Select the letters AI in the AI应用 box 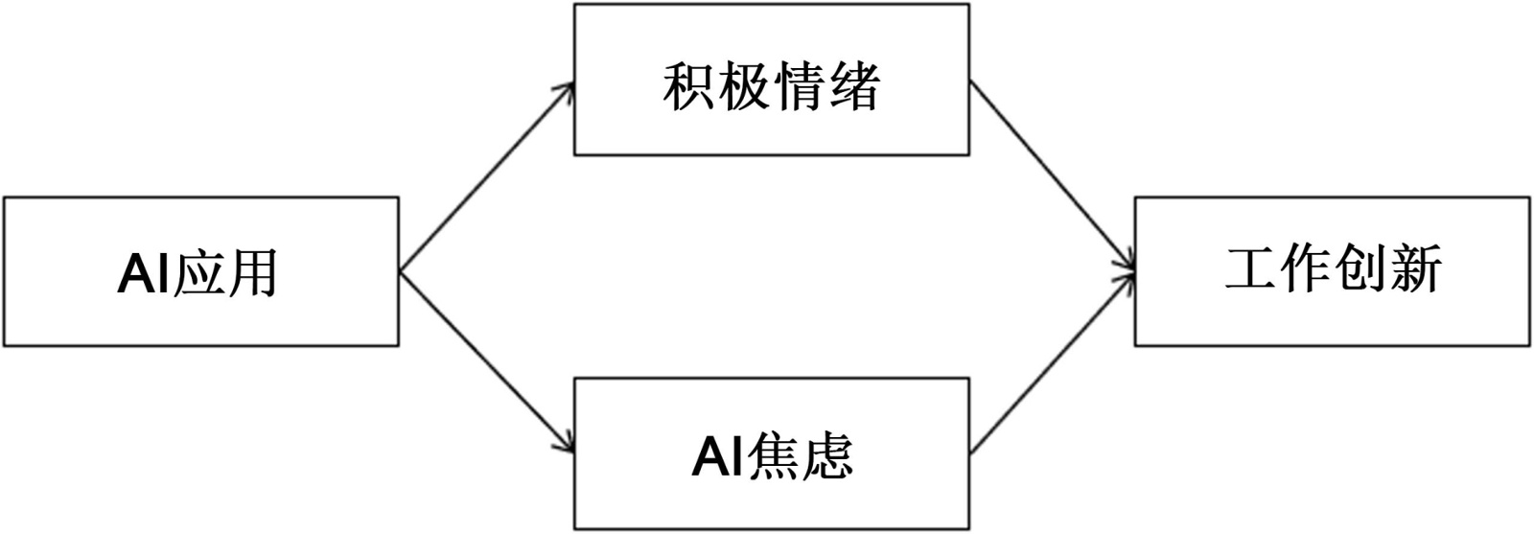pos(144,274)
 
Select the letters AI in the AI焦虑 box pos(717,456)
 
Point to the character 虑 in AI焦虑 pos(825,456)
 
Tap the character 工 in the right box pos(1251,269)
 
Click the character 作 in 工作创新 pos(1306,269)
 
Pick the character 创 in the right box pos(1360,269)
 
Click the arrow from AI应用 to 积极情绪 pos(486,177)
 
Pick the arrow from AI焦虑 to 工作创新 pos(1052,362)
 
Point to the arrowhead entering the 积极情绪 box pos(568,88)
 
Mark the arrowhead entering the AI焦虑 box pos(568,446)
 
